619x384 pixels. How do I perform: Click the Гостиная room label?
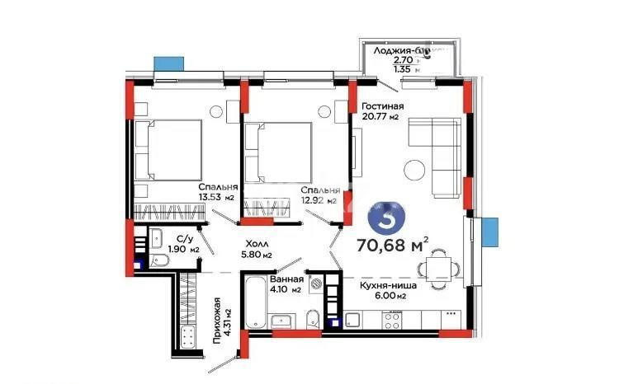pyautogui.click(x=382, y=106)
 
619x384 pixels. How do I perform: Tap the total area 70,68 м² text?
pyautogui.click(x=392, y=244)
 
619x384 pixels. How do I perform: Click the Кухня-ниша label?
pyautogui.click(x=386, y=285)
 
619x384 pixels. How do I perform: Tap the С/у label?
pyautogui.click(x=174, y=239)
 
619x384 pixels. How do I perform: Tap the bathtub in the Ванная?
pyautogui.click(x=253, y=301)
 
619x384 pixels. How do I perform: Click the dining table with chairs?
pyautogui.click(x=435, y=269)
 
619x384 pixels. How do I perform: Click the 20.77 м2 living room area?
pyautogui.click(x=380, y=117)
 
